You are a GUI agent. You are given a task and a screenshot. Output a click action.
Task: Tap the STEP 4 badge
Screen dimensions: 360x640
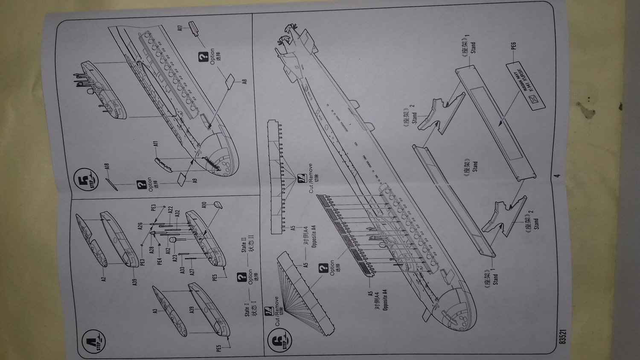pyautogui.click(x=96, y=340)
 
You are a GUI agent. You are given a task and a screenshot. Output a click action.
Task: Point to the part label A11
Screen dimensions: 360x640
pyautogui.click(x=156, y=145)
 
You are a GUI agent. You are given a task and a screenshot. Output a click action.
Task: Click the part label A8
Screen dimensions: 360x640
pyautogui.click(x=244, y=81)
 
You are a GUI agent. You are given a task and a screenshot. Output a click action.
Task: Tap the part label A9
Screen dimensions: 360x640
pyautogui.click(x=195, y=181)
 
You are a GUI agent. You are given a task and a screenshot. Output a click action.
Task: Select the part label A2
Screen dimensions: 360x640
pyautogui.click(x=103, y=279)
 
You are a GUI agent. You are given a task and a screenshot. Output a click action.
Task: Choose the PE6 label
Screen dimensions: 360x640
pyautogui.click(x=513, y=45)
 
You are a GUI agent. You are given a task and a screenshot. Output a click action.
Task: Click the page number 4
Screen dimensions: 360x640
pyautogui.click(x=556, y=175)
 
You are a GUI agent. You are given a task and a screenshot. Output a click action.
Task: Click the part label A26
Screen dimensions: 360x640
pyautogui.click(x=140, y=226)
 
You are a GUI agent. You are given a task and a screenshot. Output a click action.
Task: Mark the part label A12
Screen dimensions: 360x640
pyautogui.click(x=168, y=250)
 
